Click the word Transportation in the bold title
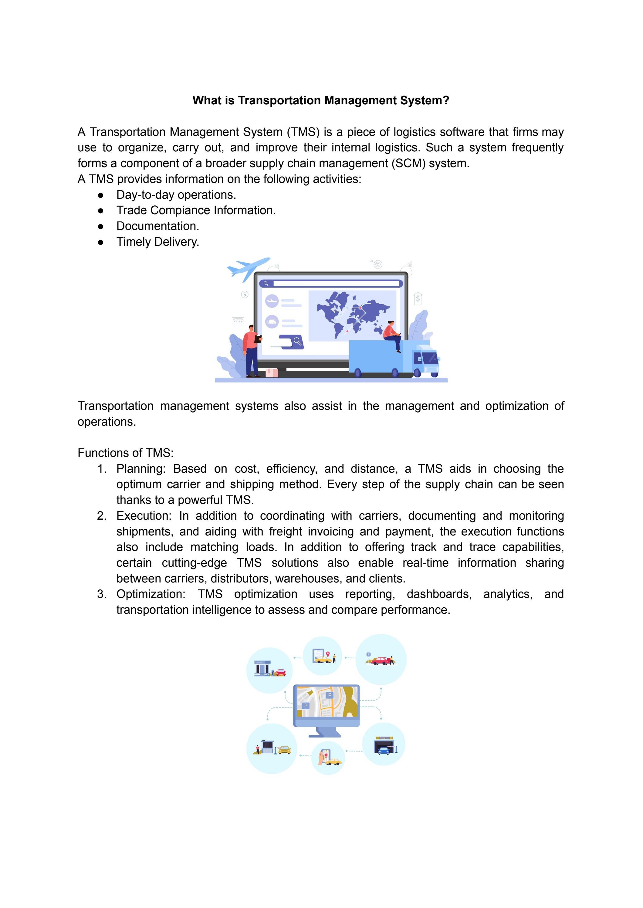point(279,100)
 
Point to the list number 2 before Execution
point(101,516)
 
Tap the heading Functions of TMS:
point(126,453)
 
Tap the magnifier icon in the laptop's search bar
point(266,284)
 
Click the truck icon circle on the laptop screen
point(272,322)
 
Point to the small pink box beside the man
point(272,373)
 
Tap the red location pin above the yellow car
point(327,653)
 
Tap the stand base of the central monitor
point(325,735)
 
